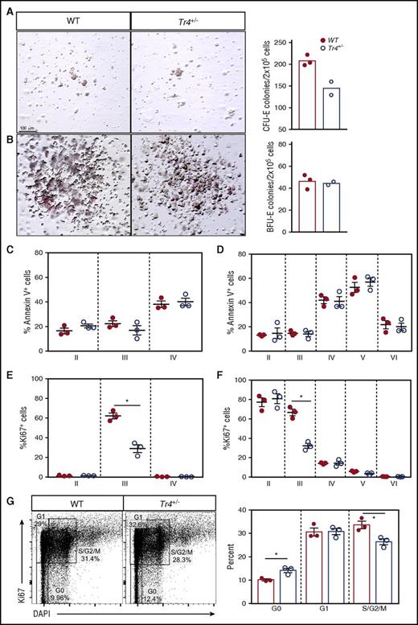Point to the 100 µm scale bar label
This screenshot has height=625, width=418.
tap(27, 128)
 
